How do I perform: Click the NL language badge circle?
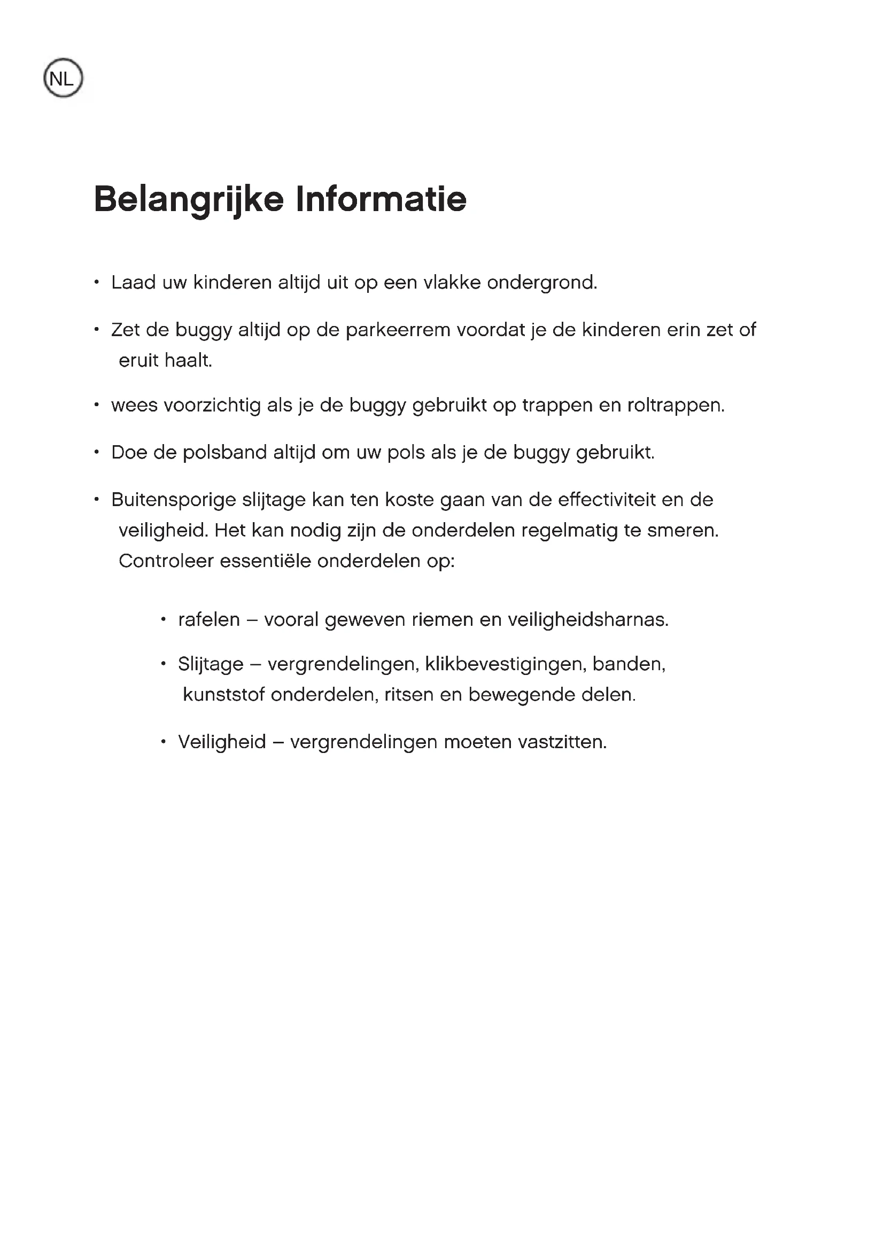(x=63, y=79)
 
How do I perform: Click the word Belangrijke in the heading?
(x=188, y=199)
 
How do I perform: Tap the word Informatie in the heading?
(x=381, y=199)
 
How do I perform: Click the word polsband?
(x=224, y=453)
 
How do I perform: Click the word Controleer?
(x=166, y=561)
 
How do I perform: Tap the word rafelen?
(x=209, y=620)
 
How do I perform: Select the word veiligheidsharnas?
(x=588, y=620)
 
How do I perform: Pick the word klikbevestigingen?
(x=505, y=665)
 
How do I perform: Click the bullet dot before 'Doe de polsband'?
(x=96, y=453)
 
